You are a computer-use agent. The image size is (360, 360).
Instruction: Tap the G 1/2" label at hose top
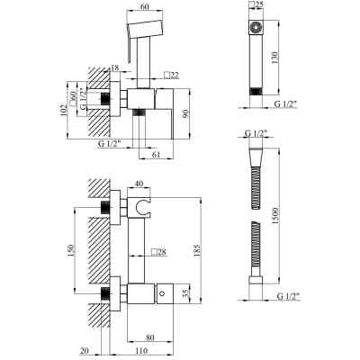[x=259, y=134]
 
